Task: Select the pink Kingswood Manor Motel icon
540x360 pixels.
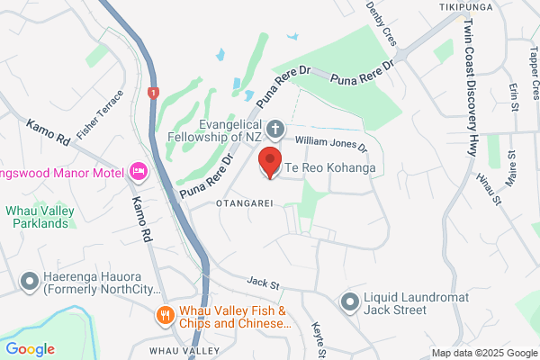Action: coord(139,170)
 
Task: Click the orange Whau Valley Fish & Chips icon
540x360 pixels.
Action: coord(165,315)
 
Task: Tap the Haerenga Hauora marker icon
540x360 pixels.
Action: coord(30,283)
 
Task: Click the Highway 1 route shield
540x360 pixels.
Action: coord(154,92)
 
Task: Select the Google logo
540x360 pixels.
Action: coord(30,349)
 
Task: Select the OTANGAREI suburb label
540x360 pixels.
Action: coord(245,204)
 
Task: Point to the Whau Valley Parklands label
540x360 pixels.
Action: coord(45,217)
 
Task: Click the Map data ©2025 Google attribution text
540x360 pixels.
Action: coord(483,353)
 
